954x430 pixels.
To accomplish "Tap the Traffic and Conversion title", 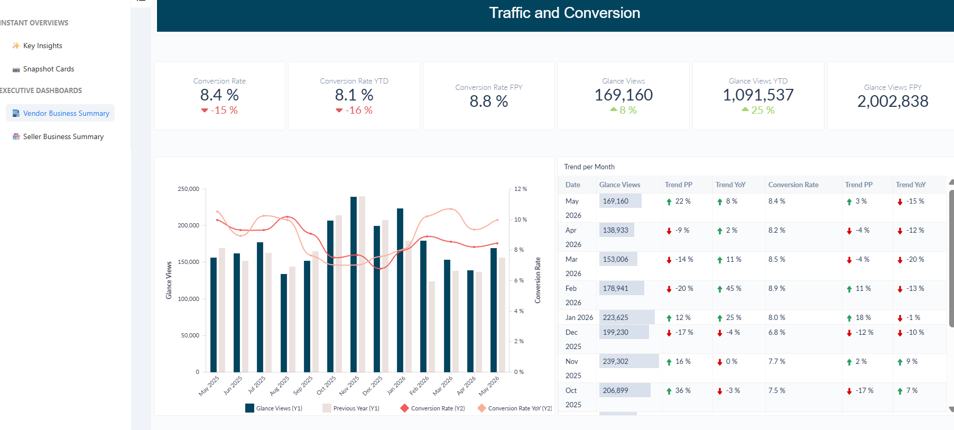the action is coord(564,13).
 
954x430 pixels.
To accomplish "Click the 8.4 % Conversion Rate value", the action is coord(219,95).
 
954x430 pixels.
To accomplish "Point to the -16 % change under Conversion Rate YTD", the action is coord(354,110).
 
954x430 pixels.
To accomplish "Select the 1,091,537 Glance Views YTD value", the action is coord(758,95).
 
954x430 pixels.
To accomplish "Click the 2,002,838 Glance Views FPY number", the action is coord(893,101).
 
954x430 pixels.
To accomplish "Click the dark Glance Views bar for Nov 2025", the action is coord(354,285).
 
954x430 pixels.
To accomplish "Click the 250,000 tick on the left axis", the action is coord(188,189).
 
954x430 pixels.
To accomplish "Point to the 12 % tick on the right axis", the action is coord(521,189).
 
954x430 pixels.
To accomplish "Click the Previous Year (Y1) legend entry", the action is coord(351,408).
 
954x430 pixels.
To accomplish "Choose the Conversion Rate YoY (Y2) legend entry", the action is coord(515,408).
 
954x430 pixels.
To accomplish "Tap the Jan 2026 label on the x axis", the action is coord(396,385).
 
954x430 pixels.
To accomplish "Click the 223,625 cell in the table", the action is coord(616,317).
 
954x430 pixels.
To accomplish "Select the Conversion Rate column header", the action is coord(793,185).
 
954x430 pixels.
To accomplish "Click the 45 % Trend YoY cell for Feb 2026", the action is coord(729,288).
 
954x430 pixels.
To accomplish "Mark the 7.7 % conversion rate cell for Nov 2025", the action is coord(777,361).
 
